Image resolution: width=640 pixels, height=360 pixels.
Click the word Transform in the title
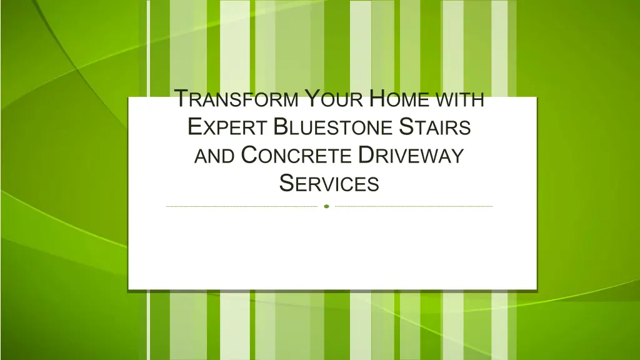pos(236,98)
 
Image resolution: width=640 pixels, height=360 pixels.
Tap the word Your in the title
pos(334,98)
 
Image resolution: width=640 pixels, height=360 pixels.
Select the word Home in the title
pos(399,98)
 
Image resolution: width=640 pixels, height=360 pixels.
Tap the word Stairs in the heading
pos(435,126)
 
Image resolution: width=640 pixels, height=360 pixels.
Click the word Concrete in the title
pos(296,155)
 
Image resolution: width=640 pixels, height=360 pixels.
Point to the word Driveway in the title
pos(411,155)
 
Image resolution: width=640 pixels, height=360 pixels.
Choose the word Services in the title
pos(329,183)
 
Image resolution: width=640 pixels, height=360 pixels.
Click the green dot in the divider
pos(326,206)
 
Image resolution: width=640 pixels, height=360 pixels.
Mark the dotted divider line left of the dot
pos(242,206)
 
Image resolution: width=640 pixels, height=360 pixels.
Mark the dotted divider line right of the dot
pos(414,206)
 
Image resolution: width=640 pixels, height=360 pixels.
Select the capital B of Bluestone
pos(281,126)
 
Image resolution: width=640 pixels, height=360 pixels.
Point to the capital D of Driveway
pos(366,155)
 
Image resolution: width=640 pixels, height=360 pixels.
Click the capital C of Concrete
pos(250,155)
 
